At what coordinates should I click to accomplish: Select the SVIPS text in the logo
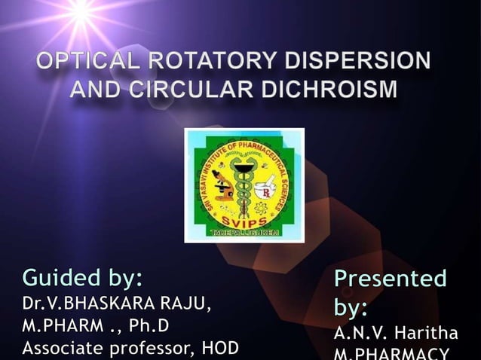(243, 212)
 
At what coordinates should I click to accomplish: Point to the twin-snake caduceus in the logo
(244, 177)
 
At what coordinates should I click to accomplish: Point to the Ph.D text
(149, 327)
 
